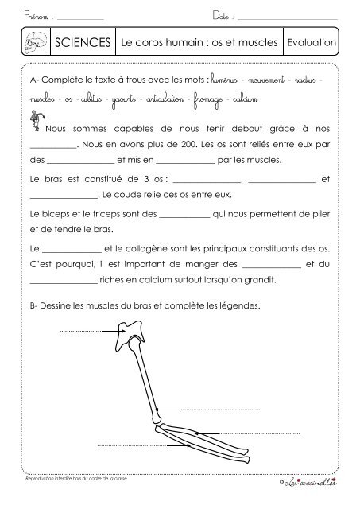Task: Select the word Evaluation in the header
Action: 312,41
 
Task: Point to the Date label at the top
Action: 222,16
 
